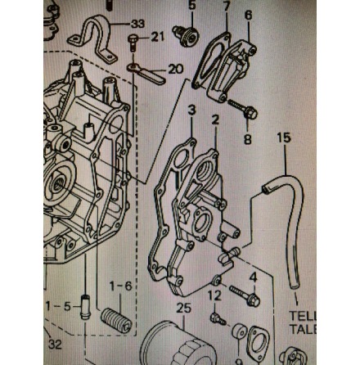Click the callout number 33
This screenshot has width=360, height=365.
point(137,23)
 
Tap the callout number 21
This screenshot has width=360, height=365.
point(157,37)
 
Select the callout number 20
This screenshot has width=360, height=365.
point(175,69)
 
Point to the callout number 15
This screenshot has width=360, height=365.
point(283,138)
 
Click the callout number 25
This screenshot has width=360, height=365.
point(184,309)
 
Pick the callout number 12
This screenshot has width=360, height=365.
point(215,294)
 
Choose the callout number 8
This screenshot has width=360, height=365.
point(248,139)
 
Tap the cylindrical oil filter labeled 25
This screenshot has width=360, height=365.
point(170,344)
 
